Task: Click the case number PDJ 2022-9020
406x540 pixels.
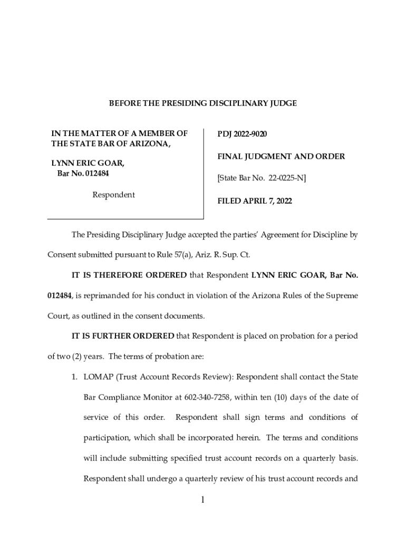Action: [243, 134]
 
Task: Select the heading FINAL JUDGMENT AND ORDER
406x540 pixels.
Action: [281, 157]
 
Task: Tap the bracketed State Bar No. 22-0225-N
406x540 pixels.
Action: [262, 179]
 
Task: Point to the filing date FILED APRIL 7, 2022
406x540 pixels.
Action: [255, 201]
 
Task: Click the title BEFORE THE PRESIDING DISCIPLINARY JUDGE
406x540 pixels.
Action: [203, 103]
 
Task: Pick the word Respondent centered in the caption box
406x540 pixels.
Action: [113, 195]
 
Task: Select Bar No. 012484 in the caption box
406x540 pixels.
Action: [83, 173]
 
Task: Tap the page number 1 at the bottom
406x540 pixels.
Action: [202, 500]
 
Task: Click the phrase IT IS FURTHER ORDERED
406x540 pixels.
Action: [123, 336]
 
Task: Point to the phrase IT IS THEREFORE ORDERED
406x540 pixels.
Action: [129, 275]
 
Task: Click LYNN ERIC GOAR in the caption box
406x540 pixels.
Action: [88, 163]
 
